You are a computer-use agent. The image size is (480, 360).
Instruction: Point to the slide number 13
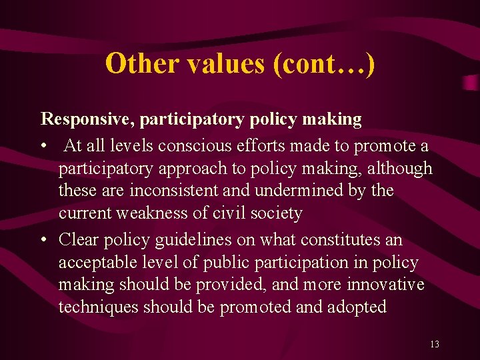click(435, 344)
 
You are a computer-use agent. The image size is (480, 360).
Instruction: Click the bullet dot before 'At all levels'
click(44, 146)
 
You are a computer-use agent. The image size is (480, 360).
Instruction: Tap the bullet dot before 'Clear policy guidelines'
click(44, 239)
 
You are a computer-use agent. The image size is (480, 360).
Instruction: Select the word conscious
click(204, 146)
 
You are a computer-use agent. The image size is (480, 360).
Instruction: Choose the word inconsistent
click(169, 191)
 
